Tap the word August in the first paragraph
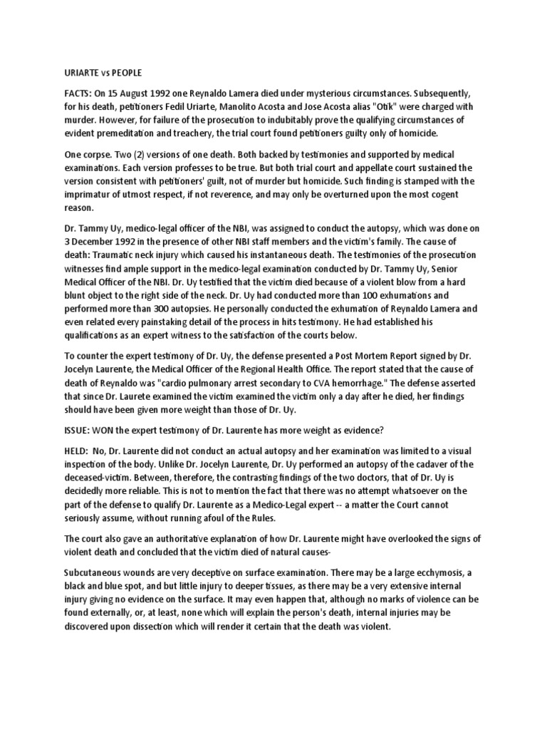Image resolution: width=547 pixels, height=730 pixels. click(151, 93)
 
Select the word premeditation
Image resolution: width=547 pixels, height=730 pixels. click(131, 133)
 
